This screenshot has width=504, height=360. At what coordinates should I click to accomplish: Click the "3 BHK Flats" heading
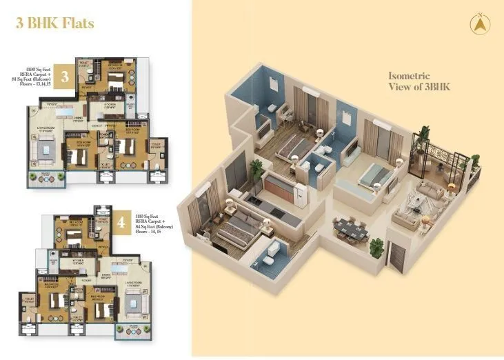(54, 23)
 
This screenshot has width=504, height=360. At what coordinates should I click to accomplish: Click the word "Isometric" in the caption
(410, 76)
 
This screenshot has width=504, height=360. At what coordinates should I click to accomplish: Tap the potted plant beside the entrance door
(376, 247)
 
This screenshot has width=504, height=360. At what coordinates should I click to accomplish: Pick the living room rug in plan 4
(133, 300)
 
